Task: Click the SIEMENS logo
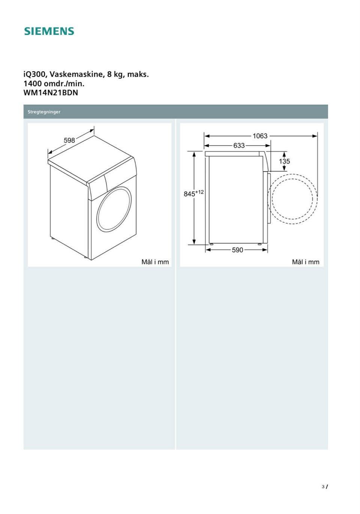click(x=49, y=31)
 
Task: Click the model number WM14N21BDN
click(x=51, y=93)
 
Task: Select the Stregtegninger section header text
click(x=44, y=112)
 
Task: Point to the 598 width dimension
click(x=69, y=140)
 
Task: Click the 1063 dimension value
click(x=260, y=136)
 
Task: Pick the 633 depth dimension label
click(x=239, y=146)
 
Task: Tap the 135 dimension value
click(x=284, y=161)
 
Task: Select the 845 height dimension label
click(x=189, y=194)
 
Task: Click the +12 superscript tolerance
click(x=199, y=192)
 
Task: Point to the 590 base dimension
click(x=237, y=250)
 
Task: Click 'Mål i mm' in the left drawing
click(x=155, y=262)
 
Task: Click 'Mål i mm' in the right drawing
click(x=305, y=262)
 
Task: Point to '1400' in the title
click(x=33, y=84)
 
